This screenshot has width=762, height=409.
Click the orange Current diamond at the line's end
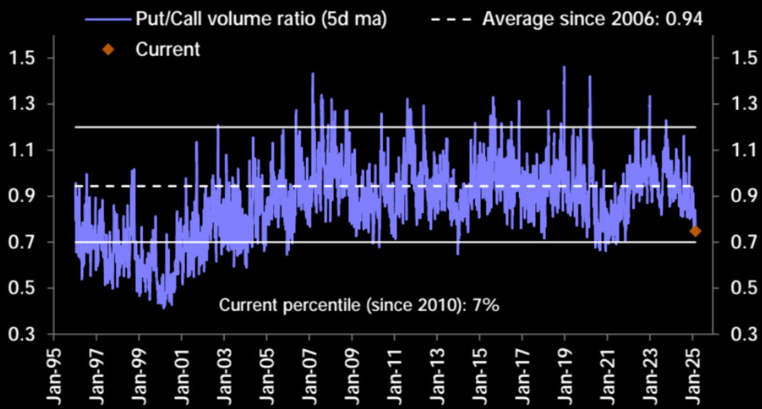695,231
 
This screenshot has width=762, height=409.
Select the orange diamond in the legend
108,49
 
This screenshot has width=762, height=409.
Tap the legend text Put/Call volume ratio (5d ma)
261,19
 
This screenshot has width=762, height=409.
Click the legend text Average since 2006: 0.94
592,19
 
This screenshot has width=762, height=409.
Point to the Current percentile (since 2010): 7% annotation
359,305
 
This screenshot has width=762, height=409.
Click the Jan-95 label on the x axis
54,374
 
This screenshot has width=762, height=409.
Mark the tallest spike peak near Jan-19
564,67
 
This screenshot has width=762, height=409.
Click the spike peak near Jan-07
313,74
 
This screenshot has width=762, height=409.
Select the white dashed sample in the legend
451,19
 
